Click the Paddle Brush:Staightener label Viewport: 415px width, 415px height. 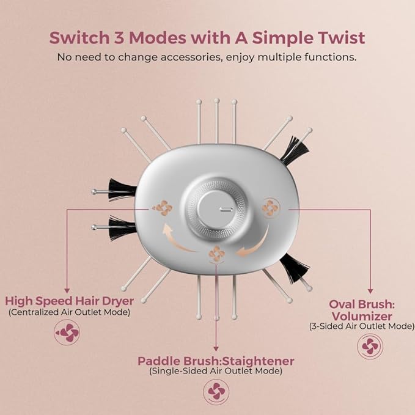pyautogui.click(x=216, y=360)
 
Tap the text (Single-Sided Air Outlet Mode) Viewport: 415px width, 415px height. pyautogui.click(x=216, y=371)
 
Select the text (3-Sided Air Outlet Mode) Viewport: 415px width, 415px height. pyautogui.click(x=362, y=326)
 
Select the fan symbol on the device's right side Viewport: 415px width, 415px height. pyautogui.click(x=270, y=208)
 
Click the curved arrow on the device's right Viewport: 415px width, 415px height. pyautogui.click(x=251, y=248)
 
